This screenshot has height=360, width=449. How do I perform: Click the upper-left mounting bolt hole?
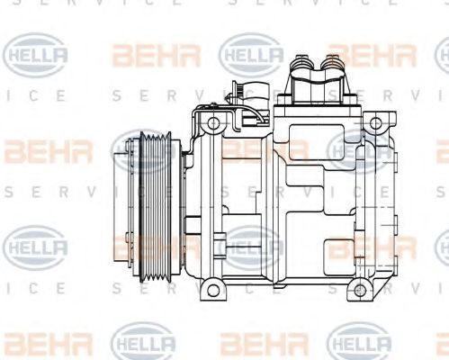click(212, 121)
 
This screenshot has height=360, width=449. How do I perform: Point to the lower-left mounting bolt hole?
click(212, 289)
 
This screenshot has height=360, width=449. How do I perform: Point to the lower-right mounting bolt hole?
click(360, 289)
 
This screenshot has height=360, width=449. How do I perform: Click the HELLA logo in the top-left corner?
click(37, 55)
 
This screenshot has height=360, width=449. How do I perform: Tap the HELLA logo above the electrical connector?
click(252, 55)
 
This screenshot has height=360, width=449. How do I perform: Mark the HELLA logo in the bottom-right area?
click(360, 345)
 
